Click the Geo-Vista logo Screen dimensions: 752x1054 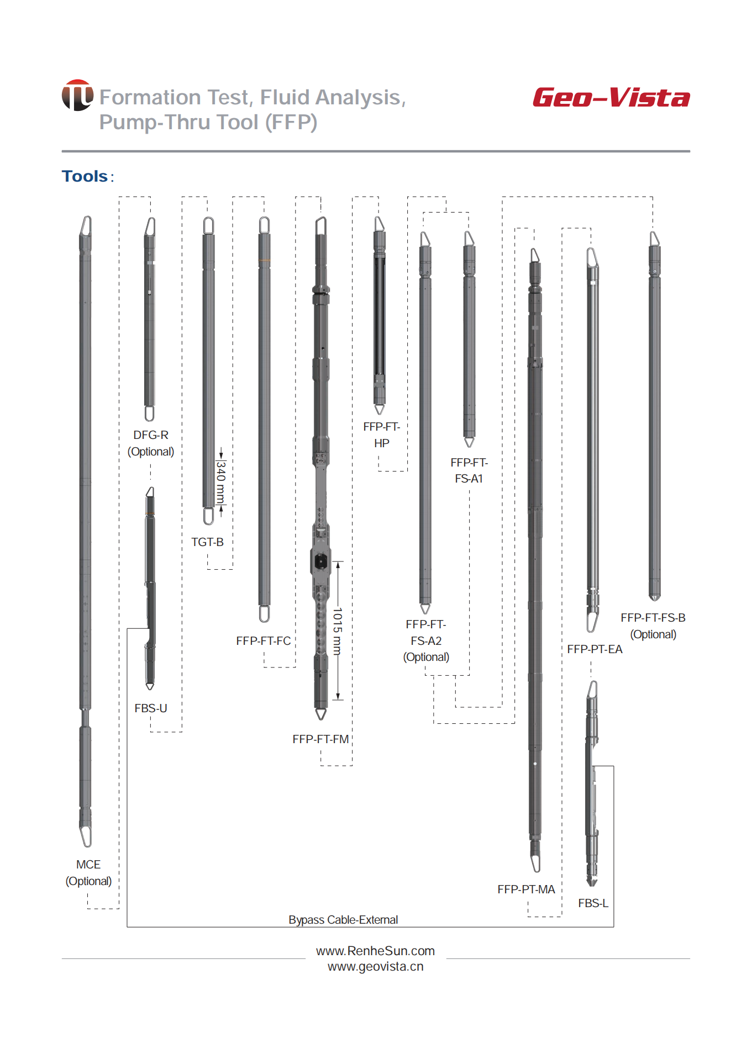(611, 98)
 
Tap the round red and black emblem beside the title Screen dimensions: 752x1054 (77, 95)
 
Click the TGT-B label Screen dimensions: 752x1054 (207, 542)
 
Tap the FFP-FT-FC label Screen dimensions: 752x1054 (263, 641)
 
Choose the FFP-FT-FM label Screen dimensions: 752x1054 (320, 739)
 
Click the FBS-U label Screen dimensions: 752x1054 (150, 708)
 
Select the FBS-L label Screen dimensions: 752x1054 (593, 903)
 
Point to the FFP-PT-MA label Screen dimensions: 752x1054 (526, 889)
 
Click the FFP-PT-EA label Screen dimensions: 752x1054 (595, 649)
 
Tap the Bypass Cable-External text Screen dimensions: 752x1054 (343, 920)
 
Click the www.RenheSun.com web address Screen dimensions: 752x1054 (375, 951)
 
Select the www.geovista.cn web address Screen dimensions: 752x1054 (375, 967)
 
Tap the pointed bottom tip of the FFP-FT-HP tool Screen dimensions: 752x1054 (380, 414)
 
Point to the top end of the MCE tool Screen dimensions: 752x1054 (86, 217)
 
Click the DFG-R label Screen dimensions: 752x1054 (151, 435)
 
